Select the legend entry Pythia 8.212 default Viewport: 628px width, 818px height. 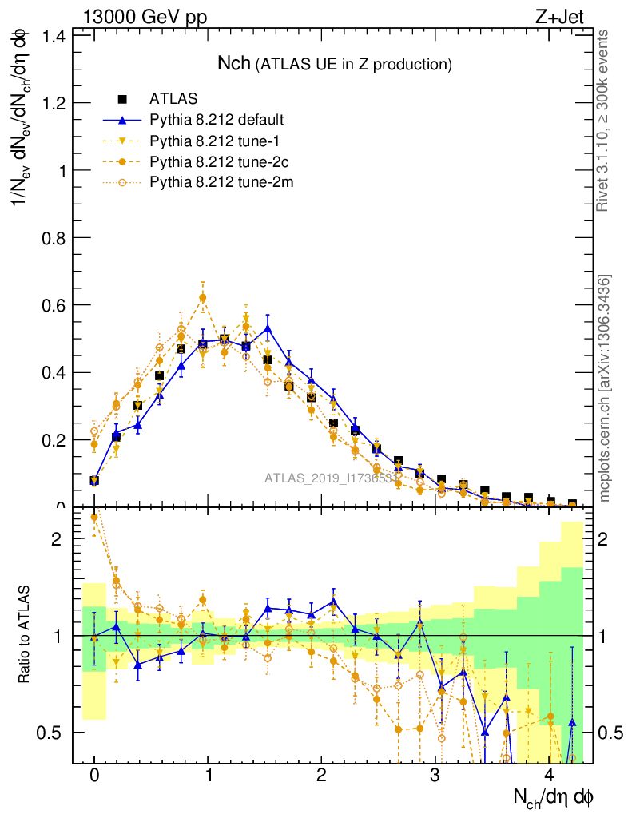[x=217, y=121]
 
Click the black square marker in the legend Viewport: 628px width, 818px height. [x=122, y=99]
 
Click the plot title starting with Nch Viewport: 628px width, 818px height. [x=336, y=63]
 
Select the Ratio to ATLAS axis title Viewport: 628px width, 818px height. [x=24, y=634]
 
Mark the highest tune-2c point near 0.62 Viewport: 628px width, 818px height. [x=202, y=298]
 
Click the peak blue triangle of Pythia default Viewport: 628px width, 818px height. [x=268, y=328]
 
